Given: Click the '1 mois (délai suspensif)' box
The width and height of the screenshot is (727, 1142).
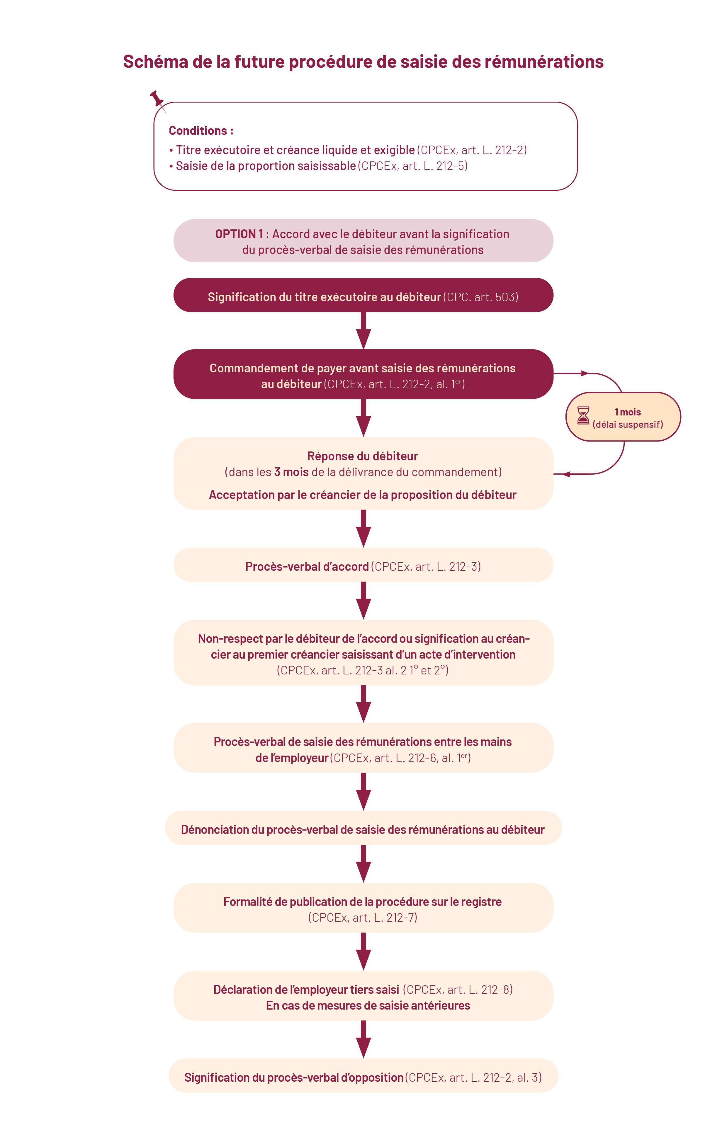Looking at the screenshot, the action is (623, 417).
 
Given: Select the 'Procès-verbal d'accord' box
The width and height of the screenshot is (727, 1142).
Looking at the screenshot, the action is (363, 565).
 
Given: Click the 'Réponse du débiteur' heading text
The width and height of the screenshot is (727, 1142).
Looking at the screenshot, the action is (363, 456).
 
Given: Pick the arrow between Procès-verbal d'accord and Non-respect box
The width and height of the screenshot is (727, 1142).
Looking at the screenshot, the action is (363, 601).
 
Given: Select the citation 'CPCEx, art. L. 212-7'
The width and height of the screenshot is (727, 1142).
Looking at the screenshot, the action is (363, 918).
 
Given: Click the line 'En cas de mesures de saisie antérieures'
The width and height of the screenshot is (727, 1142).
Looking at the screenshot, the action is (368, 1005).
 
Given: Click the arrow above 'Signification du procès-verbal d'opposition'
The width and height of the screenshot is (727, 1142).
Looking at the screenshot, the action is (363, 1039).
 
